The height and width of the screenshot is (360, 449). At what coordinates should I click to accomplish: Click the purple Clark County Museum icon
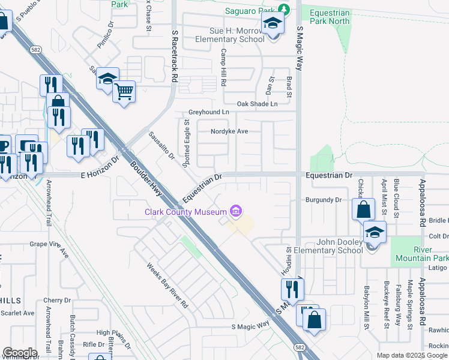(236, 211)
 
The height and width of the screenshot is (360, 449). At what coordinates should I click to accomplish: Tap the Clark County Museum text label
(185, 211)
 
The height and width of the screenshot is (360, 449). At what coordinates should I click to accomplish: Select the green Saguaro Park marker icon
(285, 10)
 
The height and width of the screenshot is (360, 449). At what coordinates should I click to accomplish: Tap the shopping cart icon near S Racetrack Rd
(124, 92)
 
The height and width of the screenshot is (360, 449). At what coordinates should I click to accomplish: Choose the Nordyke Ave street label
(229, 131)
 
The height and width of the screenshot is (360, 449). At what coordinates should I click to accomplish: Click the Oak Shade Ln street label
(258, 104)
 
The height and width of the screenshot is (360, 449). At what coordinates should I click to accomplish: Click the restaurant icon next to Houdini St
(292, 289)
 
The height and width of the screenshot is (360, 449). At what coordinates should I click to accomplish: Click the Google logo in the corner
(19, 353)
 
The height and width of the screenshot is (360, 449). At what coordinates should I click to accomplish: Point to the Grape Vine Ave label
(50, 245)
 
